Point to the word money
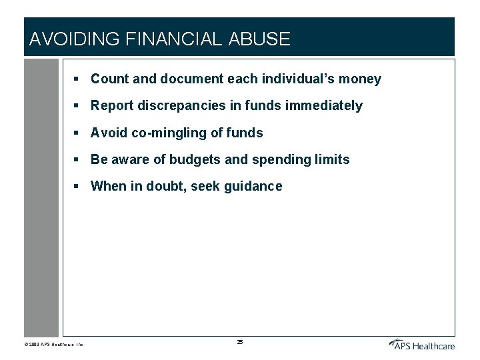tap(360, 79)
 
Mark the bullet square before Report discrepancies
tap(77, 106)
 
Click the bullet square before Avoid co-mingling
tap(77, 133)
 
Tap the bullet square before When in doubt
tap(77, 186)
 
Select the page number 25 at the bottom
tap(240, 342)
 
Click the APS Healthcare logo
tap(421, 344)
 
